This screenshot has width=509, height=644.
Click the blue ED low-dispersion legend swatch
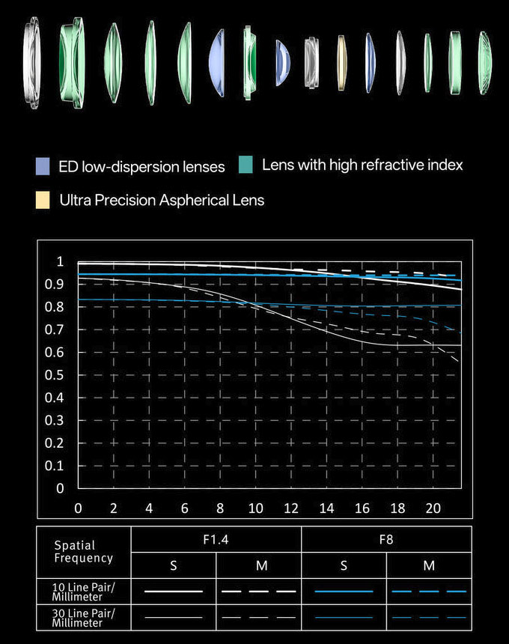[43, 166]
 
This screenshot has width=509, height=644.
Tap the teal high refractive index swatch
[246, 165]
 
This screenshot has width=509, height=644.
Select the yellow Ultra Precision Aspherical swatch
[43, 200]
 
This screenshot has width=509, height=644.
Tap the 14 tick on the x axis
[326, 508]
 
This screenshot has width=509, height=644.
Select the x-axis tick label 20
[433, 508]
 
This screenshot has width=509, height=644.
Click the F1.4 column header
[216, 539]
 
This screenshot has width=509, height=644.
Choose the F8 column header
[386, 539]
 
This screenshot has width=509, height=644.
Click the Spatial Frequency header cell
[84, 552]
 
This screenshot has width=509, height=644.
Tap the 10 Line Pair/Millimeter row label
[84, 592]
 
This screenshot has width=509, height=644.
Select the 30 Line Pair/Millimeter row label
[84, 617]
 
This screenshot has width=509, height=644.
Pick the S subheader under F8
[344, 566]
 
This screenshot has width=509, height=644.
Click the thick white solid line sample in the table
[174, 591]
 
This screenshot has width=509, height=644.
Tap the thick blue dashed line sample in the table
[429, 591]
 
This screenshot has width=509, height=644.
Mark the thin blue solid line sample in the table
[344, 617]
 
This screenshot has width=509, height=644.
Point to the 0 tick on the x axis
[79, 508]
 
